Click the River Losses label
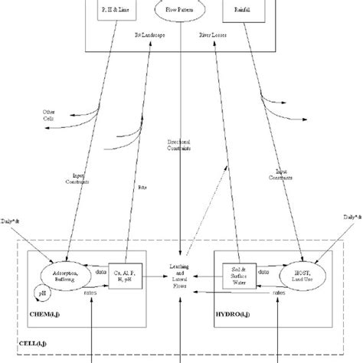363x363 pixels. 214,57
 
